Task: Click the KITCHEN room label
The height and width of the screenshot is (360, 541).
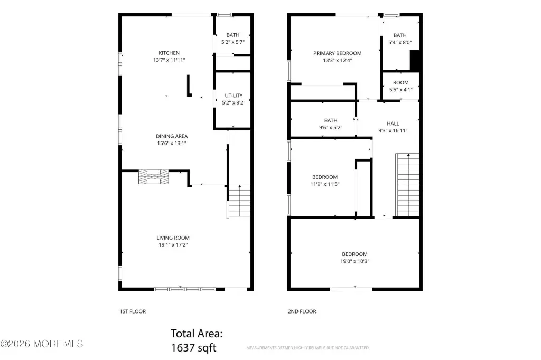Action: [169, 53]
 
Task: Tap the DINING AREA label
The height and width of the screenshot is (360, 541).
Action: [172, 136]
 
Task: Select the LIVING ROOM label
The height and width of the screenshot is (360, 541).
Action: [173, 238]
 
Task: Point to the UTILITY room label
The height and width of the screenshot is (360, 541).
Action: [234, 96]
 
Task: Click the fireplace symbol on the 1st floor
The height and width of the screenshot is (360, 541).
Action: [154, 176]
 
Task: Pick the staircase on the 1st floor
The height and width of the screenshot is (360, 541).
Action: [239, 201]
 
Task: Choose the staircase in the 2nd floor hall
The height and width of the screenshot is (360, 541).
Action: [407, 185]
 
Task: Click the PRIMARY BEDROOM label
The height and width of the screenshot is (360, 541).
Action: [338, 53]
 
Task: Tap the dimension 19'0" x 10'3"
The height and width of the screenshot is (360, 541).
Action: [355, 261]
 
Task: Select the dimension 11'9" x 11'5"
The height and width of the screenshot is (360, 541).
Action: [325, 184]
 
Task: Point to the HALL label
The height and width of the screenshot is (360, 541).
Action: [393, 124]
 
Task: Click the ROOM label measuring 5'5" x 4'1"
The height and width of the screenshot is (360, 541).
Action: [401, 83]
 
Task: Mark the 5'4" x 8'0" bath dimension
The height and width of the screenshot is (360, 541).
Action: [400, 43]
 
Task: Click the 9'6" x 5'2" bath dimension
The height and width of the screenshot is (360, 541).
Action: [331, 128]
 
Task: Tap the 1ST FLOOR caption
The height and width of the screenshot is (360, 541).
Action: [133, 311]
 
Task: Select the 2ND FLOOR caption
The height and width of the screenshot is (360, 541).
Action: [302, 311]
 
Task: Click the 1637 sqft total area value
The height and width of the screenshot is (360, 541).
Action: [194, 347]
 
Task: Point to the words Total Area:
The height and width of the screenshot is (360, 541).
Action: [197, 334]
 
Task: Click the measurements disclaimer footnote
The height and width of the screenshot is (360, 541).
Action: [308, 348]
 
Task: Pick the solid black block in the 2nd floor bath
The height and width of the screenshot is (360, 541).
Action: [414, 61]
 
